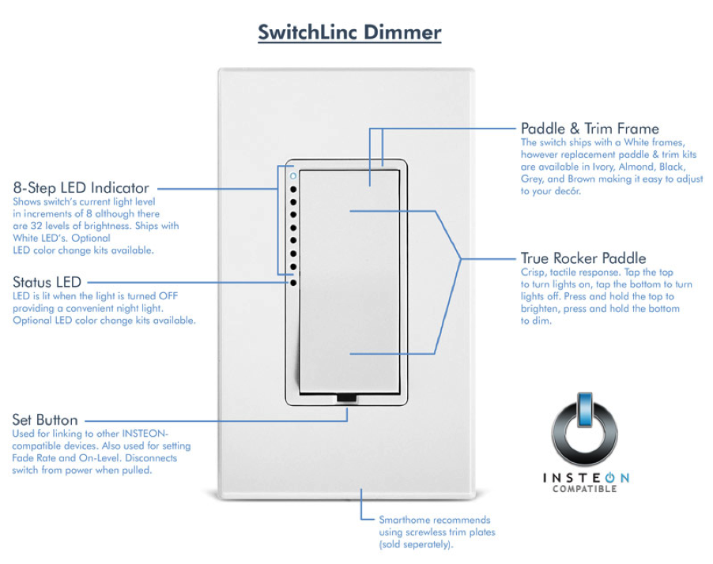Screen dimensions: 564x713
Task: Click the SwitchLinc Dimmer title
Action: pos(349,33)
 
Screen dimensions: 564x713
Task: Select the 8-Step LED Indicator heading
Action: pos(81,188)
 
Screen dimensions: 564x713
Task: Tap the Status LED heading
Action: pos(47,282)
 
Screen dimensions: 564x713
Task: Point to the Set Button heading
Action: pos(45,420)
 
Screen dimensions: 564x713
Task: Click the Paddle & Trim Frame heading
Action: pos(590,128)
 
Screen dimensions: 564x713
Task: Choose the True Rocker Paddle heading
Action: pos(583,258)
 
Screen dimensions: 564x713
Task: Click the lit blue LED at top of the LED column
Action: pos(293,176)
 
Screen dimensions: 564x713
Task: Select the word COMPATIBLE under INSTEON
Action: pos(585,489)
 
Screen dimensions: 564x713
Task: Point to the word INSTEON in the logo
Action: pos(585,478)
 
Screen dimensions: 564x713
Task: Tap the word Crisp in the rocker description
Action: pos(534,272)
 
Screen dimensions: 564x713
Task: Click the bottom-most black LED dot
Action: pos(293,280)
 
